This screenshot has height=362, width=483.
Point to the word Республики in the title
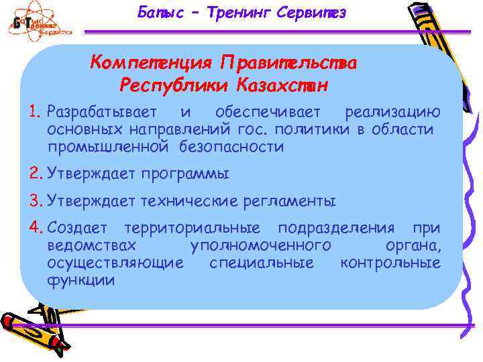174,86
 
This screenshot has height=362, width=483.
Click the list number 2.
36,174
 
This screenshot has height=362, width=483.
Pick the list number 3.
36,200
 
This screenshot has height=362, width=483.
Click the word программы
184,175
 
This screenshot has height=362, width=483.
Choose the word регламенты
290,200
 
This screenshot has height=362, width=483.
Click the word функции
80,280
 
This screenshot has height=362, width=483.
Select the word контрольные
390,262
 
